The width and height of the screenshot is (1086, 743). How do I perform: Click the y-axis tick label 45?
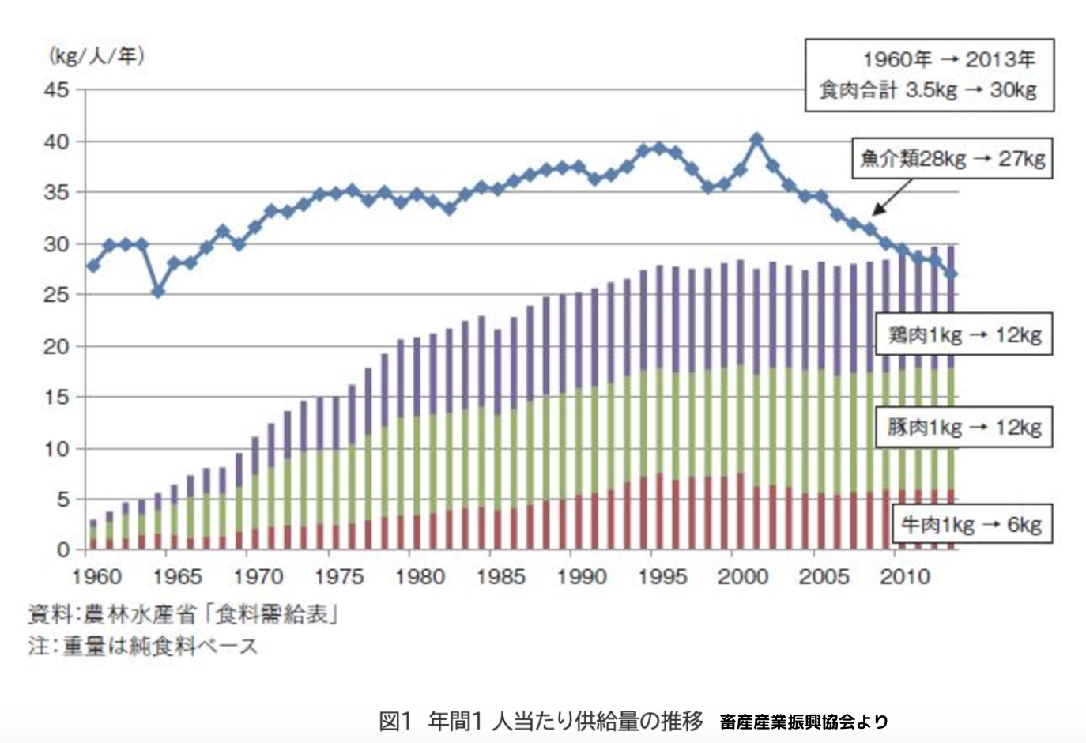pyautogui.click(x=56, y=90)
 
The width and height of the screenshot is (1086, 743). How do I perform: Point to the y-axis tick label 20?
pyautogui.click(x=56, y=346)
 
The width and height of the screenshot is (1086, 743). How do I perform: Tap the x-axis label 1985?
pyautogui.click(x=500, y=576)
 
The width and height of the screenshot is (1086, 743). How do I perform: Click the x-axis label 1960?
pyautogui.click(x=96, y=576)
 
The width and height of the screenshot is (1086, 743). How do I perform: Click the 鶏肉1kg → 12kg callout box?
pyautogui.click(x=964, y=334)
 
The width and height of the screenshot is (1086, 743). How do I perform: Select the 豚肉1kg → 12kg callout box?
pyautogui.click(x=964, y=427)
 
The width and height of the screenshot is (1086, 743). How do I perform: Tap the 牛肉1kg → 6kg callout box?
pyautogui.click(x=971, y=524)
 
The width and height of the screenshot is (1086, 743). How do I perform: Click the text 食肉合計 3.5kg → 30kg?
pyautogui.click(x=928, y=90)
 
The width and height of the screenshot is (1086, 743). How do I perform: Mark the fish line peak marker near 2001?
pyautogui.click(x=756, y=140)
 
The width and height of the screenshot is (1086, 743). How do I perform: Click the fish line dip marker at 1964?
pyautogui.click(x=158, y=292)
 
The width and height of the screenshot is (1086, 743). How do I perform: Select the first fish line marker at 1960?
pyautogui.click(x=93, y=266)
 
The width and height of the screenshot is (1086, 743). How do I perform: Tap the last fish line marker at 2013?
pyautogui.click(x=952, y=273)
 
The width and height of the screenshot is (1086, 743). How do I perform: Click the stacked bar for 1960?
pyautogui.click(x=93, y=534)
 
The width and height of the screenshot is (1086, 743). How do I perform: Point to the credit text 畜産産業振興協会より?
pyautogui.click(x=804, y=721)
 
